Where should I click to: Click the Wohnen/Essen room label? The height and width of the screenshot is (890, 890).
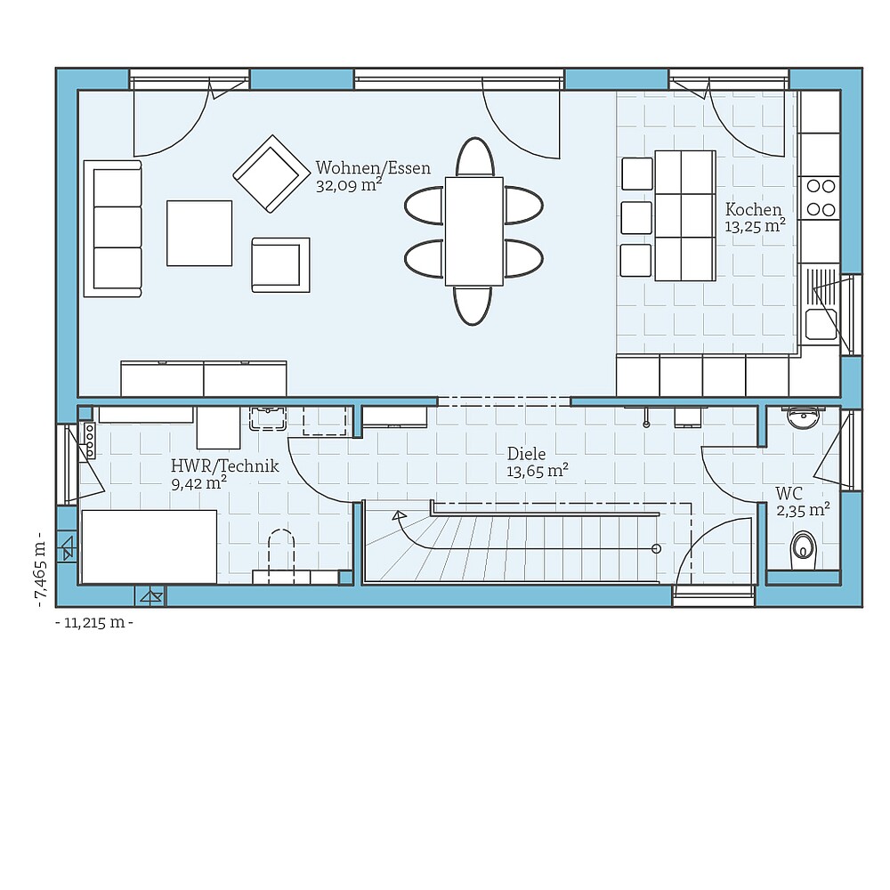click(373, 168)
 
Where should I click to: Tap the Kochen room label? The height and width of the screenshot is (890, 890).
click(753, 210)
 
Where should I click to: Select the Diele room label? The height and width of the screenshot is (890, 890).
click(526, 454)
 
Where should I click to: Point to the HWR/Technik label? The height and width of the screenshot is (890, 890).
click(224, 466)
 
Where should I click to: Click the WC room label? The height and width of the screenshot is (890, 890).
click(789, 493)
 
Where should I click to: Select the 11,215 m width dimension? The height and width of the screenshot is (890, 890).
click(94, 623)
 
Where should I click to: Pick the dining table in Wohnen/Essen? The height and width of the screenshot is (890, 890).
click(473, 231)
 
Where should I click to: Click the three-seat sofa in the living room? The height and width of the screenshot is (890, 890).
click(113, 229)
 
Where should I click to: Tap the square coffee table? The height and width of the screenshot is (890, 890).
click(199, 233)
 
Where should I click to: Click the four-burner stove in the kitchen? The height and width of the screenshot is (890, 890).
click(820, 198)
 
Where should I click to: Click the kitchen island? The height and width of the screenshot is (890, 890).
click(684, 215)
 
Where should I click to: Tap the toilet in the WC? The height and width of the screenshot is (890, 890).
click(804, 547)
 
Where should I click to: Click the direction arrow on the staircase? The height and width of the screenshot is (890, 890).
click(399, 515)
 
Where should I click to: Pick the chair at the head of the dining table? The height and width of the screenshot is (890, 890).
click(474, 158)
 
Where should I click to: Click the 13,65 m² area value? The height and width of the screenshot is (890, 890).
click(538, 472)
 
